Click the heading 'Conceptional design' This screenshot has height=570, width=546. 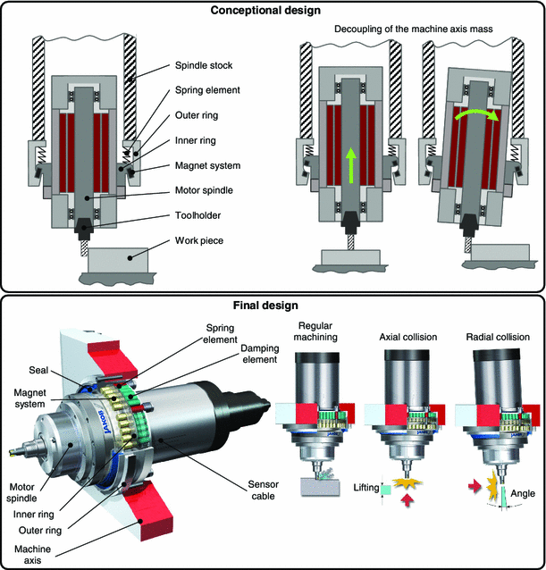tap(273, 10)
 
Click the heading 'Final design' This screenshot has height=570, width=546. tap(273, 306)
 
